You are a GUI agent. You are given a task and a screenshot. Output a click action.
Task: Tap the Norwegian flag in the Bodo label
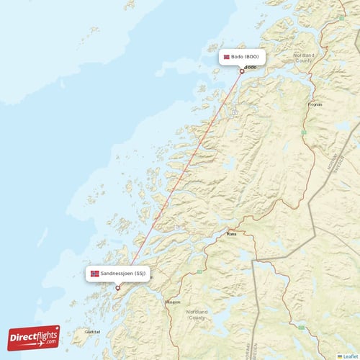(226, 57)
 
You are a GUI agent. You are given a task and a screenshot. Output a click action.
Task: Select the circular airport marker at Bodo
(243, 71)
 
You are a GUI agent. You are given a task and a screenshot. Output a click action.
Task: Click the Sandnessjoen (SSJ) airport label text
(124, 274)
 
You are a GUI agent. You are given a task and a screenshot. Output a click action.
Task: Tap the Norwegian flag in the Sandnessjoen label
(95, 274)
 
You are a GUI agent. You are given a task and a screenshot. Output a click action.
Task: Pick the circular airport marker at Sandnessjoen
(118, 288)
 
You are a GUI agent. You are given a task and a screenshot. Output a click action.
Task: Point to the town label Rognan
(315, 104)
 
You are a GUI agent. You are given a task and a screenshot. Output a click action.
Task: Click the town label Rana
(231, 234)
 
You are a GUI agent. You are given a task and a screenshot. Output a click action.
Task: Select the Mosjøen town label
(173, 302)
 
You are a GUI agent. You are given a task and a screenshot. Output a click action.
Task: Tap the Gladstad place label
(92, 332)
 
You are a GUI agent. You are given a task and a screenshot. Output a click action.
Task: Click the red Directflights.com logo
(34, 337)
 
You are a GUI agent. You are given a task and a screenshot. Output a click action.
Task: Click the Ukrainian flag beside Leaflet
(340, 356)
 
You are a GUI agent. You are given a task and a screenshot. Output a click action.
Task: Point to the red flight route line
(180, 179)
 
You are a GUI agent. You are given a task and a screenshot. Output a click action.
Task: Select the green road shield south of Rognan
(304, 132)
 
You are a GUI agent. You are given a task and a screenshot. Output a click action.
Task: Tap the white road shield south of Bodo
(235, 113)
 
